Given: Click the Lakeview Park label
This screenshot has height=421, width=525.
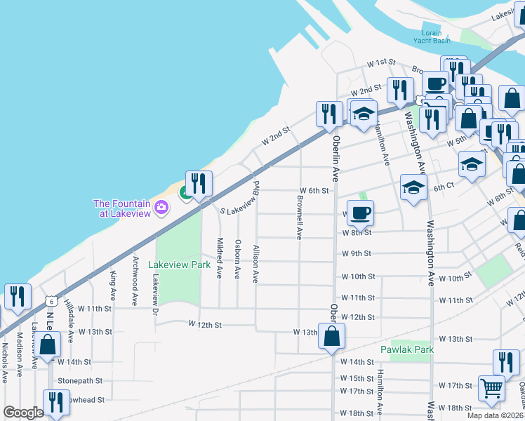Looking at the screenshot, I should pyautogui.click(x=179, y=265).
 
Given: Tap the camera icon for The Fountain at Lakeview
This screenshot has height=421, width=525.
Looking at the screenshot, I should pyautogui.click(x=161, y=207).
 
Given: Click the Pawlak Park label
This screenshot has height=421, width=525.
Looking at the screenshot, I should pyautogui.click(x=406, y=349).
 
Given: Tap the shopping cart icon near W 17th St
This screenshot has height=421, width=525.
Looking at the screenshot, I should pyautogui.click(x=492, y=387).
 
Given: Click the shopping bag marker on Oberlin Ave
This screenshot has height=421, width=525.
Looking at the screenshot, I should pyautogui.click(x=332, y=337).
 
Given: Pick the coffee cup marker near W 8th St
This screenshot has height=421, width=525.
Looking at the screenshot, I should pyautogui.click(x=360, y=213).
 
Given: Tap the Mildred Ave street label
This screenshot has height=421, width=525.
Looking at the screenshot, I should pyautogui.click(x=220, y=258).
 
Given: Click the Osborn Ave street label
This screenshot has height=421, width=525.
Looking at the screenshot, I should pyautogui.click(x=238, y=259).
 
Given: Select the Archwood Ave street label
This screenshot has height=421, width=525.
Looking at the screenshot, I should pyautogui.click(x=134, y=288).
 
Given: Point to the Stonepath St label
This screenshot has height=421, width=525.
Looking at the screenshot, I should pyautogui.click(x=80, y=381).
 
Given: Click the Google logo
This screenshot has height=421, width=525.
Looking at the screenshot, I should pyautogui.click(x=23, y=413).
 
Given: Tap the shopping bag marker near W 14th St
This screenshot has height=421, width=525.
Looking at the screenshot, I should pyautogui.click(x=48, y=345).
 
